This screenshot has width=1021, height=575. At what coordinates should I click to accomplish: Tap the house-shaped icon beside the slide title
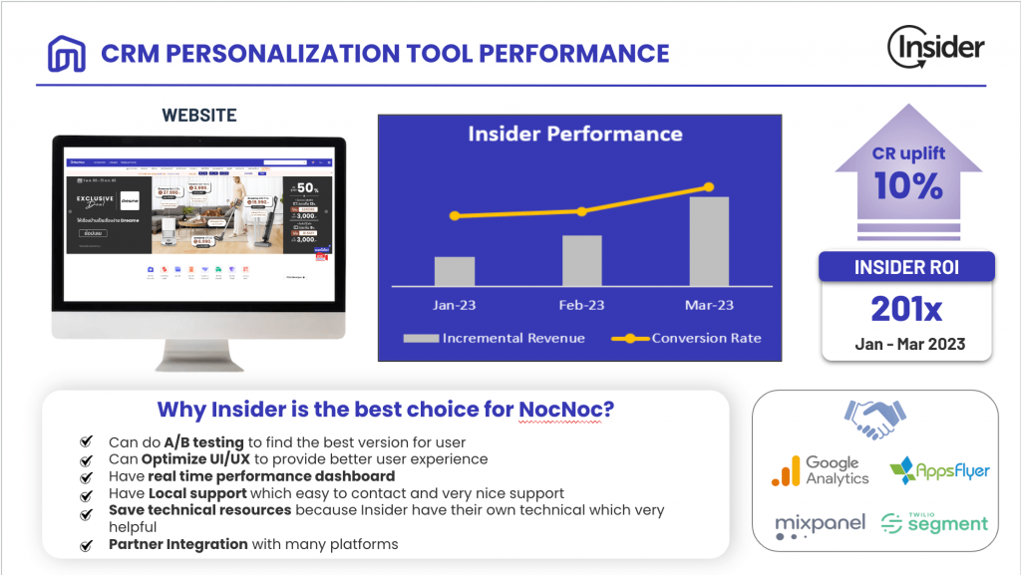67,53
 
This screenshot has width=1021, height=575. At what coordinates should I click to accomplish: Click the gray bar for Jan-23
454,271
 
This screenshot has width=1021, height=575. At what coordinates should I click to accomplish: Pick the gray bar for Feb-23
581,261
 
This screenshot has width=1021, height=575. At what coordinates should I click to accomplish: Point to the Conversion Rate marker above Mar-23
710,186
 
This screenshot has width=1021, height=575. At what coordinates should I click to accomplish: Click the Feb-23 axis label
581,305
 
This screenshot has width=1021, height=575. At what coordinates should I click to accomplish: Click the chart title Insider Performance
575,134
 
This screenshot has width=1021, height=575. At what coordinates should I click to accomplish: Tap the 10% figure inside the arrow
908,185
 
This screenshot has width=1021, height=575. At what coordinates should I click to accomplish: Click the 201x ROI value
906,309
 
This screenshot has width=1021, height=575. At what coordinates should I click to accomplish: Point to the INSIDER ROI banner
906,266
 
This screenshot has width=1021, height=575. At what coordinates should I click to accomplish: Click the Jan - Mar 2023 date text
906,344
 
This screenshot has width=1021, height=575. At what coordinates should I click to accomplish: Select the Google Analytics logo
821,470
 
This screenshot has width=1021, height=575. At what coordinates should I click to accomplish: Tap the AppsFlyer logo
939,469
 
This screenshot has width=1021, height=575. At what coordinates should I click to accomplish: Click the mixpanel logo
820,525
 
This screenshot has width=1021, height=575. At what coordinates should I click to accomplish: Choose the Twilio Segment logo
935,522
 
